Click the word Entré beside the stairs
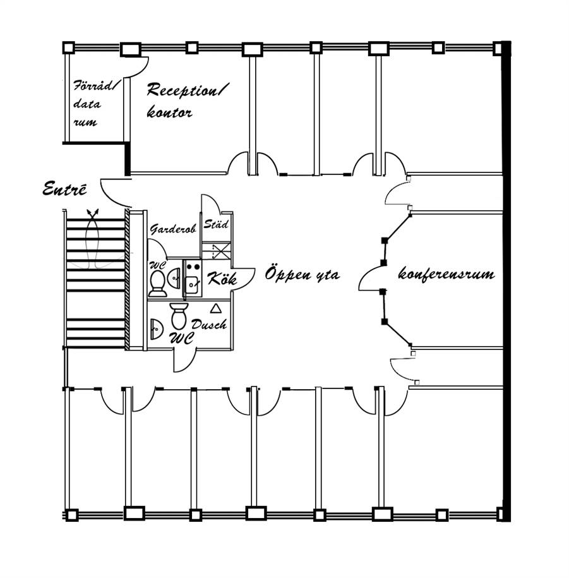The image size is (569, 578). [x=64, y=189]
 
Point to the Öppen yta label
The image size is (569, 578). [x=302, y=275]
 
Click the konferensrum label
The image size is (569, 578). [x=446, y=275]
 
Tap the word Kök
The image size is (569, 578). [x=222, y=278]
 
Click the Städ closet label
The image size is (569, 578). [x=216, y=224]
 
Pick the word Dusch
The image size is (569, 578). [x=209, y=325]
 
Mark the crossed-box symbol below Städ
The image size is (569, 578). [x=220, y=251]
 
